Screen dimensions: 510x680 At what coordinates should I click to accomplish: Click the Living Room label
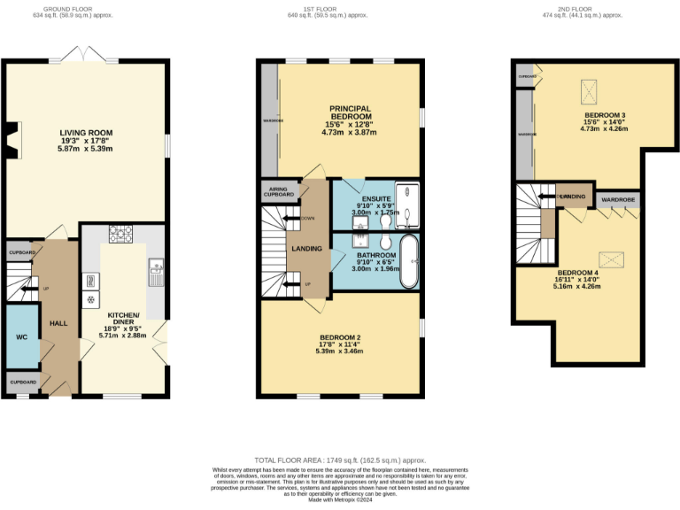point(86,134)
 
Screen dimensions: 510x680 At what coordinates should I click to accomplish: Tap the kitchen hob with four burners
point(120,235)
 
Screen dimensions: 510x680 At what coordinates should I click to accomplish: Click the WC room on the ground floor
point(21,337)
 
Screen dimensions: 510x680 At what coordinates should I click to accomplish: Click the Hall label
point(58,324)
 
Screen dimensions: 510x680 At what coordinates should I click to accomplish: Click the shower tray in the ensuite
point(407,203)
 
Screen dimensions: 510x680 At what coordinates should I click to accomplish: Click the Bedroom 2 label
point(340,337)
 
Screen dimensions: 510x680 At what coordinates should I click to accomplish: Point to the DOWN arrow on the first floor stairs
point(291,217)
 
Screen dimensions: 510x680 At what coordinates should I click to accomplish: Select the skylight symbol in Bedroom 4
point(611,259)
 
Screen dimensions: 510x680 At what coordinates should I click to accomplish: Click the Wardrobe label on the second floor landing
point(617,200)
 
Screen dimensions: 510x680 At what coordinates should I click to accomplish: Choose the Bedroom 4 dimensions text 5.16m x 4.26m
point(576,286)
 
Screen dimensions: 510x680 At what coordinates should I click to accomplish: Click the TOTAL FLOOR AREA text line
point(340,460)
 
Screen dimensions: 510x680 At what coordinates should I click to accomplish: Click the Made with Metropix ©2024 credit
point(340,502)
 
